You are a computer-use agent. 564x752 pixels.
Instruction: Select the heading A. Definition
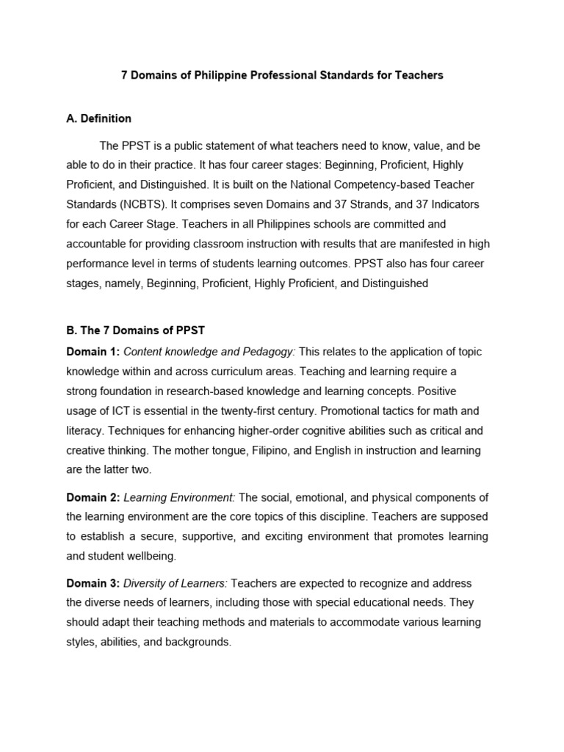(98, 118)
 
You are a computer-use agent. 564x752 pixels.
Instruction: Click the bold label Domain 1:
(93, 352)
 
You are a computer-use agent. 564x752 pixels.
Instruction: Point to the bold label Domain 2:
(93, 497)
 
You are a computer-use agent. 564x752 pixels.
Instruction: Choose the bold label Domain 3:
(93, 583)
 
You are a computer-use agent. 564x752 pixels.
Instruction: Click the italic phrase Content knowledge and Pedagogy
(209, 352)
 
